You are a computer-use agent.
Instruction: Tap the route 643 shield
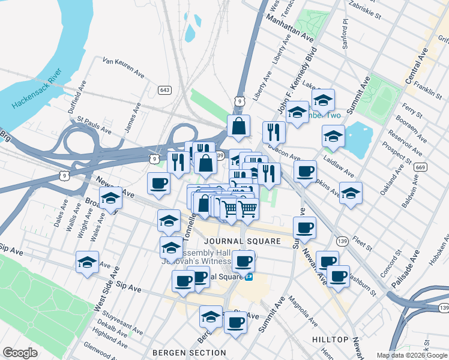click(164, 90)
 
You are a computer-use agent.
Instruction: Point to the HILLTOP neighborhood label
click(330, 340)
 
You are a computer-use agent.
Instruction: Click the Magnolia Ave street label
click(302, 309)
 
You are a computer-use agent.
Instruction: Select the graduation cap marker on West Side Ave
click(87, 263)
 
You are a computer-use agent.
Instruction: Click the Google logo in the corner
click(20, 353)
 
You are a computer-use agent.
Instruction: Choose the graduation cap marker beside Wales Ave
click(110, 199)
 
